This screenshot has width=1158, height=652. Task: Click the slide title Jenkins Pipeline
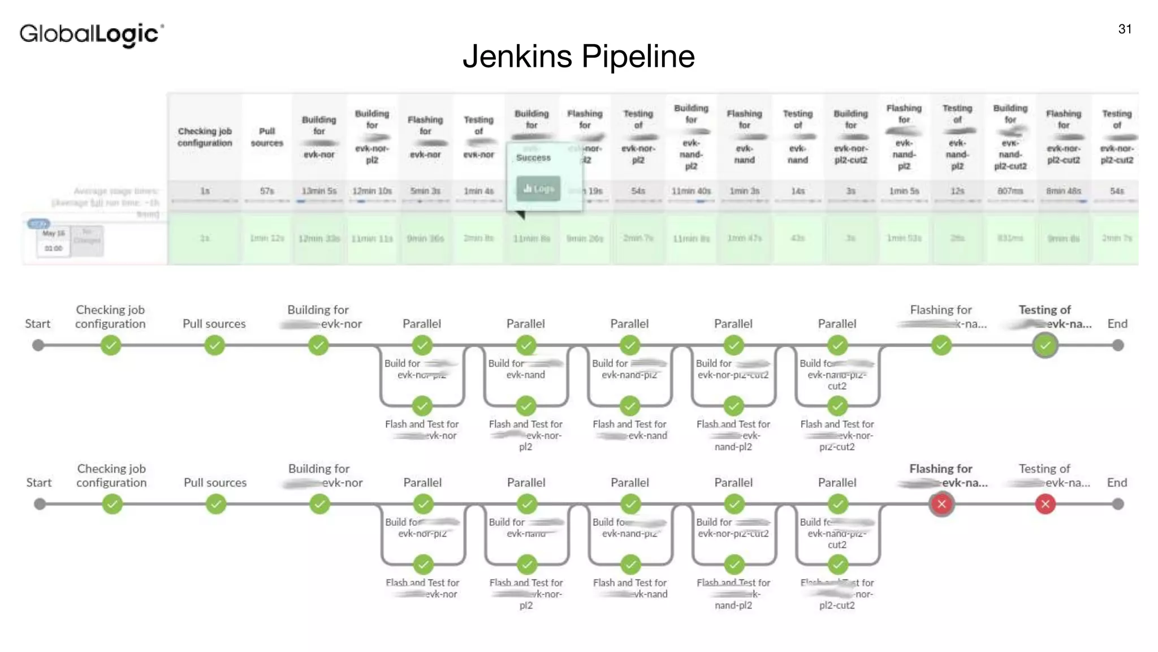coord(578,56)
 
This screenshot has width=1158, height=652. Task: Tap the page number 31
coord(1125,29)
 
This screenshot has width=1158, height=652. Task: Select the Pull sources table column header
coord(267,137)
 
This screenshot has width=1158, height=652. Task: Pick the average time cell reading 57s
coord(267,191)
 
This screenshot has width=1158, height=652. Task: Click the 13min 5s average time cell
coord(319,191)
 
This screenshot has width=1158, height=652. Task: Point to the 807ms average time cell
coord(1010,191)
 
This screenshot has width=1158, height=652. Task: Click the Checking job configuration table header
coord(205,137)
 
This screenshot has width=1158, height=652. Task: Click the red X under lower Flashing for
coord(941,504)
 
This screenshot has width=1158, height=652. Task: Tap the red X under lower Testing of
coord(1045,504)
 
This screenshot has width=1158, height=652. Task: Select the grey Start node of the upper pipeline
coord(38,345)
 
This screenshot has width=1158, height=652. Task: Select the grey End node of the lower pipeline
coord(1118,504)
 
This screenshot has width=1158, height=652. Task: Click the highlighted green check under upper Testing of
coord(1045,345)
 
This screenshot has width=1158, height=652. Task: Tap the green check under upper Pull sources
coord(214,345)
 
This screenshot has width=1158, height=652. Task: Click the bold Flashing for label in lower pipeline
coord(941,469)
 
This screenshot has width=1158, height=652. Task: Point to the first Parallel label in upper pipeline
coord(422,324)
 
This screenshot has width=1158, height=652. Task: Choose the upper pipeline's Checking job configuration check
coord(111,345)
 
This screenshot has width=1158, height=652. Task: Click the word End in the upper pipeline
coord(1117,324)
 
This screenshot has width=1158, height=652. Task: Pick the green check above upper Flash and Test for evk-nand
coord(629,406)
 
